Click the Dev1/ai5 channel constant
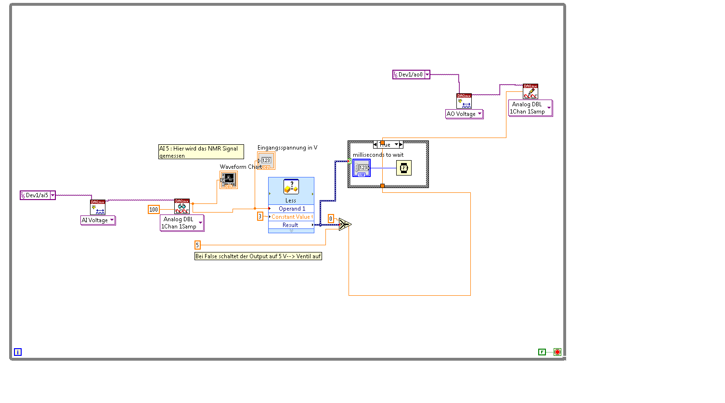(37, 195)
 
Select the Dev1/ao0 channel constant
(411, 75)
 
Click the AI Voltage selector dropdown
(98, 220)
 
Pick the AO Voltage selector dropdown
(464, 114)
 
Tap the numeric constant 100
(154, 210)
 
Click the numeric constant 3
(260, 216)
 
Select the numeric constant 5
(197, 245)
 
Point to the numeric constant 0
(331, 219)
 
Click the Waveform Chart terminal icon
(228, 180)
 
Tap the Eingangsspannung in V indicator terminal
(266, 161)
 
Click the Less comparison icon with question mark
(291, 187)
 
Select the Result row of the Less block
(290, 225)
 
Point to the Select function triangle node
(345, 225)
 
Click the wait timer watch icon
(404, 168)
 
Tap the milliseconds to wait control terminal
(362, 168)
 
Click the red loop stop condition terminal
(557, 352)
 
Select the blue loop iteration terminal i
(18, 352)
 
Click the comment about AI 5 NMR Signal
(201, 152)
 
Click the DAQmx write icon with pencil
(531, 91)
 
